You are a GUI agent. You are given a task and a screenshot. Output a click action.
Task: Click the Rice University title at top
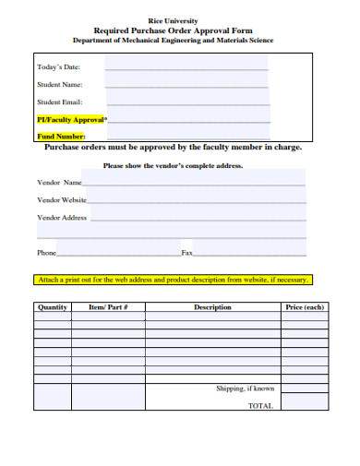173,19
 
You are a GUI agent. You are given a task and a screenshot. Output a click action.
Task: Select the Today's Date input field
186,66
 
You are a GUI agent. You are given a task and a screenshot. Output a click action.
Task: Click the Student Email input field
186,102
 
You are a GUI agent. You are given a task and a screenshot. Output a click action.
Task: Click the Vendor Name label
60,183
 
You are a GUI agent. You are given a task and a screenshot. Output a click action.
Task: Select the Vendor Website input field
198,199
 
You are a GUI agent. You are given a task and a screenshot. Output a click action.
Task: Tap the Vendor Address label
62,218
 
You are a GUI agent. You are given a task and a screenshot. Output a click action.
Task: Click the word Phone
46,252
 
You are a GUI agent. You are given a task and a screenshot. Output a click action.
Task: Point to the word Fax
186,252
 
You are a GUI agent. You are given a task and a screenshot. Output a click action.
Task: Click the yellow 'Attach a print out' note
173,280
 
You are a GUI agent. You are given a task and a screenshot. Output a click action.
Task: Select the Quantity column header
52,306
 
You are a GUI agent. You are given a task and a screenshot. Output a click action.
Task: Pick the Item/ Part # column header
107,306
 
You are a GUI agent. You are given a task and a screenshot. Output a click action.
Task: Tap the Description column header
212,306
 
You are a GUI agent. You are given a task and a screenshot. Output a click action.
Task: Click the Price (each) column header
305,306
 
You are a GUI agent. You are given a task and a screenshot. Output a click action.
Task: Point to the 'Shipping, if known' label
246,389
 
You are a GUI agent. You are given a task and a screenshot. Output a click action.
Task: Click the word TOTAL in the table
261,406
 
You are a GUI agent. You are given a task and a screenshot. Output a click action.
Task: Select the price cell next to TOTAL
305,405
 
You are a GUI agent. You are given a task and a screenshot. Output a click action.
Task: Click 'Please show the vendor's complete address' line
174,166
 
